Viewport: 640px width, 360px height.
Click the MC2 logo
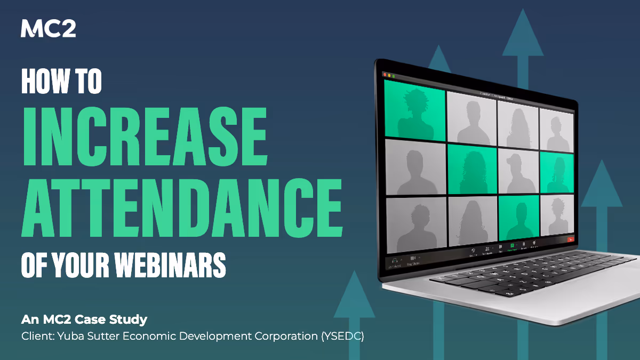coord(48,28)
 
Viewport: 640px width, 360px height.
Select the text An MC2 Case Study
coord(84,320)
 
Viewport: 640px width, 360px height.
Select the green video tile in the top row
coord(415,110)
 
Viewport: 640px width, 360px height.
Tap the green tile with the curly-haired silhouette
coord(472,170)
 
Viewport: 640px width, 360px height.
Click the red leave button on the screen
coord(570,239)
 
